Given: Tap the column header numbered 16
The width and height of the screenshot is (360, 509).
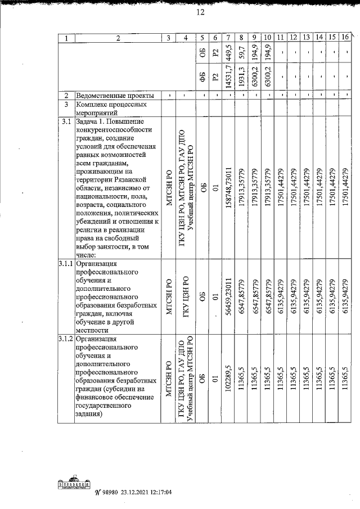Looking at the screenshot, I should tap(345, 38).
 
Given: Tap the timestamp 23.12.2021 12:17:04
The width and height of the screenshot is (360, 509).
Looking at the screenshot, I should tap(147, 493).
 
